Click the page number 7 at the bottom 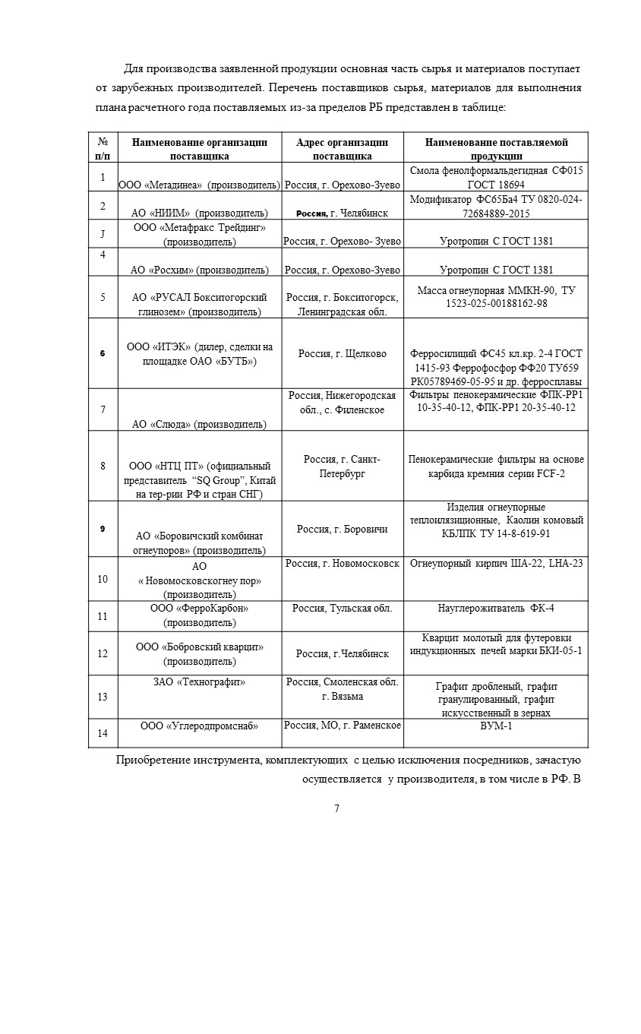coord(336,808)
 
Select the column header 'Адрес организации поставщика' coord(342,149)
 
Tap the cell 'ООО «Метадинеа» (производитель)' coord(199,185)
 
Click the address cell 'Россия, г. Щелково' coord(342,353)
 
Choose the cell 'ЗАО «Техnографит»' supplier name coord(200,682)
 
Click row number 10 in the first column coord(103,579)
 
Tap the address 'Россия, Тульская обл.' coord(342,608)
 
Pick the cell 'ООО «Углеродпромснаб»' coord(200,726)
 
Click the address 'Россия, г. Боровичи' coord(342,529)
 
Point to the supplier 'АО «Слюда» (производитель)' coord(199,424)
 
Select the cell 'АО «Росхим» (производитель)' coord(199,270)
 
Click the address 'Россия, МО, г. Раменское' coord(342,726)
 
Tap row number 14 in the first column coord(103,733)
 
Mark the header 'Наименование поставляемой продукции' coord(496,149)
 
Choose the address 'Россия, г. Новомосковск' coord(342,564)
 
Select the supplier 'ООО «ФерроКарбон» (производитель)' coord(200,615)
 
